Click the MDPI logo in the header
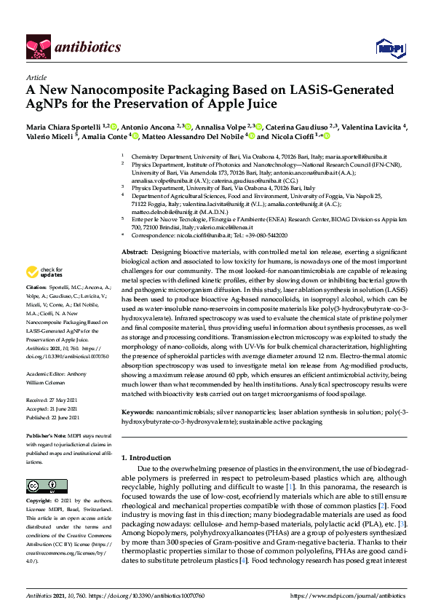389,47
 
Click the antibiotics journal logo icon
36,47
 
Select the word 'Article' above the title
36,76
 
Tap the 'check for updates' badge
43,272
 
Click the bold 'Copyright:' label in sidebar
40,501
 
